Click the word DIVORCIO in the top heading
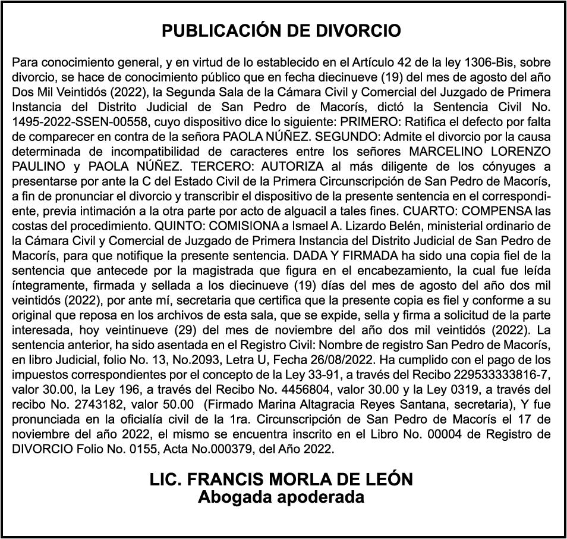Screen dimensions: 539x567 361,31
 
